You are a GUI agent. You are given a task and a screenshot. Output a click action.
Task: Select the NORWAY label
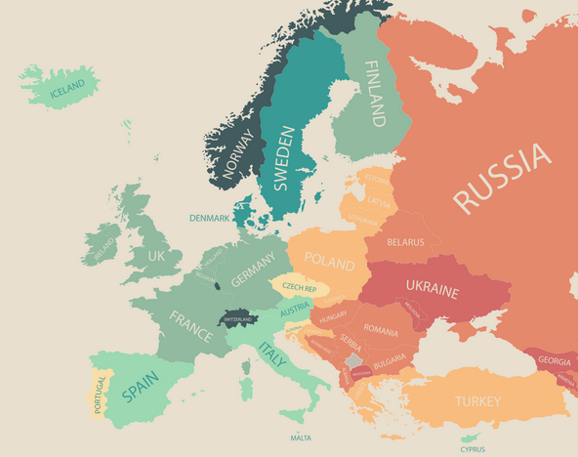pos(237,153)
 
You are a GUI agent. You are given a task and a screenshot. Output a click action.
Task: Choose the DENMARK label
pos(210,218)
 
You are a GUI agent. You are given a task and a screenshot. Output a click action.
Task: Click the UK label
pos(157,255)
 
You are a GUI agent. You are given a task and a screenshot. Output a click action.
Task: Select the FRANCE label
pos(190,326)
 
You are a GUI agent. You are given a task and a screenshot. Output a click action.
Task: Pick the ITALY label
pos(272,354)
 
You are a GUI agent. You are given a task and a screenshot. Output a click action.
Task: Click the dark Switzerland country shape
pos(238,319)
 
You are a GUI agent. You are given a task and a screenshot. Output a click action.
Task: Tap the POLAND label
pos(329,260)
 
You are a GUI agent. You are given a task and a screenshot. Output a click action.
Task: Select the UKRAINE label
pos(432,291)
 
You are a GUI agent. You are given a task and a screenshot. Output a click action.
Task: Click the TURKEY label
pos(477,401)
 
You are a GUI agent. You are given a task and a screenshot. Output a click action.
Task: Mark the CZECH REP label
pos(299,288)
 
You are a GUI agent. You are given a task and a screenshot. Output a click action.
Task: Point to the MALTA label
pos(301,438)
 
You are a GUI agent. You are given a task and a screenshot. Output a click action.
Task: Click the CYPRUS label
pos(474,449)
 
